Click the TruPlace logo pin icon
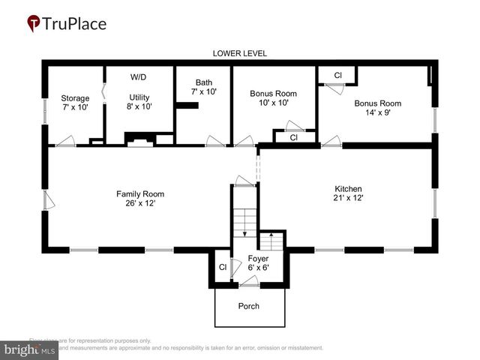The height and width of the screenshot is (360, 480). pos(34,24)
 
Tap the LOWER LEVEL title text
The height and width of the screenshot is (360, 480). pos(239,53)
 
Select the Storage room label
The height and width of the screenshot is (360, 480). pos(75,103)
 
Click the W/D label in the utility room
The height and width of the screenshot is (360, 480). pos(139,77)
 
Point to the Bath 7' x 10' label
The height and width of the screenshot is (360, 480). pos(204,87)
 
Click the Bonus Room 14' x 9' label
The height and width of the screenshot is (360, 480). pos(377,108)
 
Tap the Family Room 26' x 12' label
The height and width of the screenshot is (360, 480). pos(140,198)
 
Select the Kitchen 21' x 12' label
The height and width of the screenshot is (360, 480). pos(348,193)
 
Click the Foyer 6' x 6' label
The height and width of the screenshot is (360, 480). pos(258,263)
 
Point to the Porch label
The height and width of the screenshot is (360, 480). pos(249,306)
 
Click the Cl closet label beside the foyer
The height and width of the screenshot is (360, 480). pos(223,266)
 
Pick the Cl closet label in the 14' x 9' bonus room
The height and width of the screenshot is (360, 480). pos(337,76)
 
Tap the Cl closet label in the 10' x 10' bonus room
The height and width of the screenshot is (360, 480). pos(293,138)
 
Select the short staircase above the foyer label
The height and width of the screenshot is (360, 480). pos(271,241)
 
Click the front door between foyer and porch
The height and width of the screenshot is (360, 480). pos(249,283)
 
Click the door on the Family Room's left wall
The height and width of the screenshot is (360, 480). pos(48,200)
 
